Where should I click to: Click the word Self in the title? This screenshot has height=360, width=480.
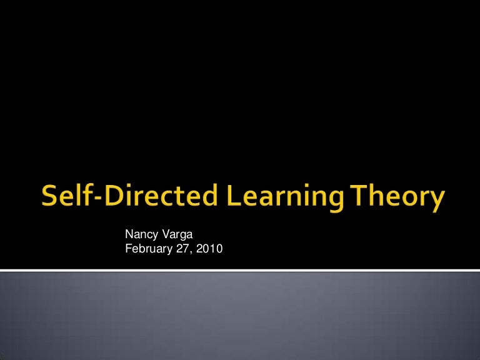pos(62,197)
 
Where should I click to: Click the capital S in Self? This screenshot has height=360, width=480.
pos(50,197)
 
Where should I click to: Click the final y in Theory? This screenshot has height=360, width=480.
pos(436,201)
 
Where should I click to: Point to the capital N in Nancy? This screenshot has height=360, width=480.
pos(129,235)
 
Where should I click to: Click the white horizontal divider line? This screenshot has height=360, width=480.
pos(240,270)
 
